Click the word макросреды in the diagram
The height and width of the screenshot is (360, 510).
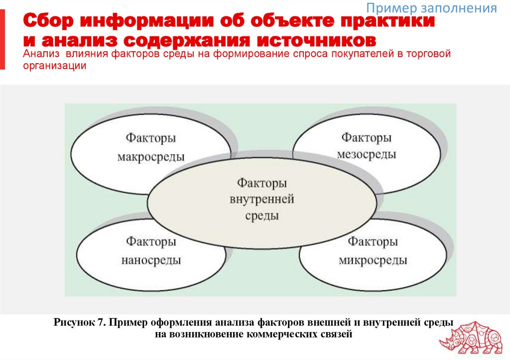(x=151, y=157)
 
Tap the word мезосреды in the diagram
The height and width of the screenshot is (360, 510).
(x=366, y=154)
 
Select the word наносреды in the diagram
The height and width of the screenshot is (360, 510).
(x=151, y=260)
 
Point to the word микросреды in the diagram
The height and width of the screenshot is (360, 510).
(x=373, y=260)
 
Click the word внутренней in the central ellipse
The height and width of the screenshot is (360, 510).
(x=262, y=200)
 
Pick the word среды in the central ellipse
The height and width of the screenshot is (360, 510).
(x=262, y=216)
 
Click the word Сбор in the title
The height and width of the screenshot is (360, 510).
(x=48, y=21)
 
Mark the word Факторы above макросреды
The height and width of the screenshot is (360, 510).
(x=151, y=138)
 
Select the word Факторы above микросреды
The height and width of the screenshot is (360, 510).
(x=373, y=242)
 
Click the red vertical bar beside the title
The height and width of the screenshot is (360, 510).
(x=2, y=40)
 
